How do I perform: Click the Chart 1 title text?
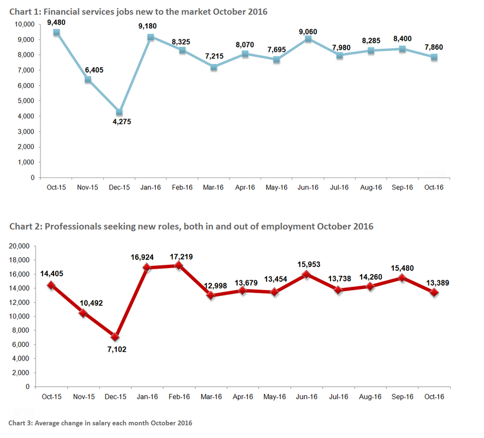(138, 11)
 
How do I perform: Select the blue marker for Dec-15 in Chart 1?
(120, 112)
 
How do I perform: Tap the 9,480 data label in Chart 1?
(57, 22)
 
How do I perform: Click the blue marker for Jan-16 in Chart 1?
(151, 37)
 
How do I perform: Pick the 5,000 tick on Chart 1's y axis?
(24, 101)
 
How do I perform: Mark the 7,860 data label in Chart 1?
(433, 48)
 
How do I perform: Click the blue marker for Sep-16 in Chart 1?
(403, 49)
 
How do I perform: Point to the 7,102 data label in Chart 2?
(119, 349)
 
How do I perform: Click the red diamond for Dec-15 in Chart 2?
(120, 337)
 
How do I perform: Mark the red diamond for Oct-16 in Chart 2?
(434, 292)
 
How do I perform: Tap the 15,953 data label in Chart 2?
(308, 264)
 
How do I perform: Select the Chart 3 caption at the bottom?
(100, 423)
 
